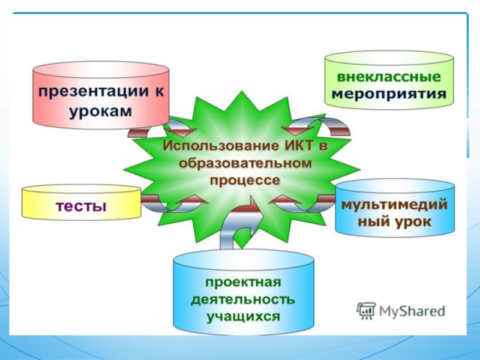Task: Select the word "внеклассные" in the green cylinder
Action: [389, 78]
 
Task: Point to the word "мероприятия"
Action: [389, 94]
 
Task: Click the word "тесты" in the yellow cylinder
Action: [82, 207]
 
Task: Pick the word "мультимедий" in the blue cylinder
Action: [394, 205]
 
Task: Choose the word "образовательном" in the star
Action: [246, 163]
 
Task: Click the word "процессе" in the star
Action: [245, 179]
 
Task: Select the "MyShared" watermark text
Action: [411, 311]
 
